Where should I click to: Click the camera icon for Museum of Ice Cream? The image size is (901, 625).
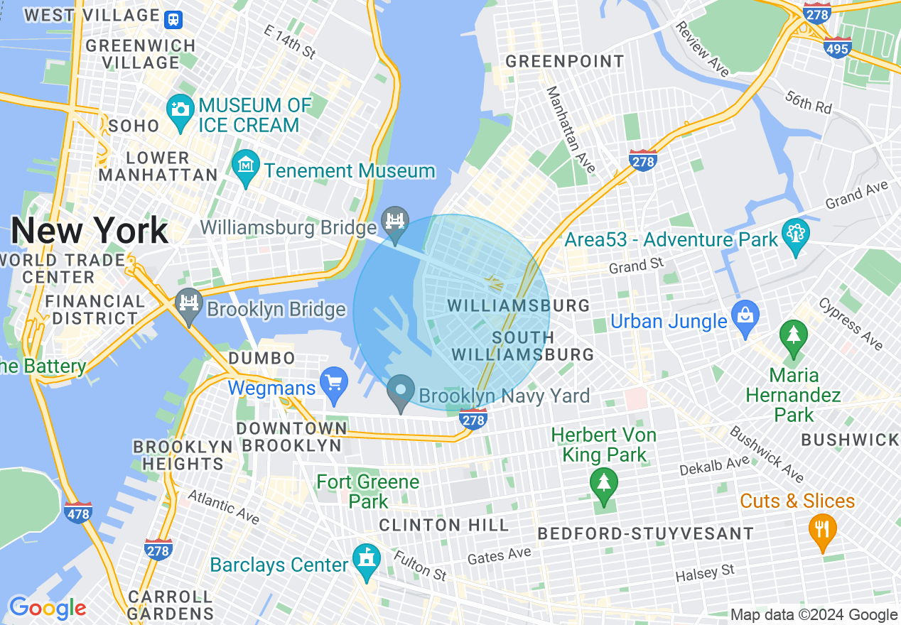tap(180, 110)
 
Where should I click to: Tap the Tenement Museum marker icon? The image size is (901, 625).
tap(246, 165)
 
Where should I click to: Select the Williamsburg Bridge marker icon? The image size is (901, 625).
tap(395, 219)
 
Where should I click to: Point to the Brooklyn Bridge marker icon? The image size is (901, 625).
tap(188, 303)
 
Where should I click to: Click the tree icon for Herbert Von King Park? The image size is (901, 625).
tap(603, 483)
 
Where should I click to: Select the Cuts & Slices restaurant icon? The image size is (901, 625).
tap(822, 529)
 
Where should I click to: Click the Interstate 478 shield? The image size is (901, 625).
tap(77, 512)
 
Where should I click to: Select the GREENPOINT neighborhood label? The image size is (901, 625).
tap(565, 62)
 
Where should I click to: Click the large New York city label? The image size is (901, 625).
tap(90, 231)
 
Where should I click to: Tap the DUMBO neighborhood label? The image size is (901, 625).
tap(261, 358)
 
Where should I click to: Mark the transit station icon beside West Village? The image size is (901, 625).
tap(173, 18)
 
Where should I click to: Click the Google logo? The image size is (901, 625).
tap(47, 608)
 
